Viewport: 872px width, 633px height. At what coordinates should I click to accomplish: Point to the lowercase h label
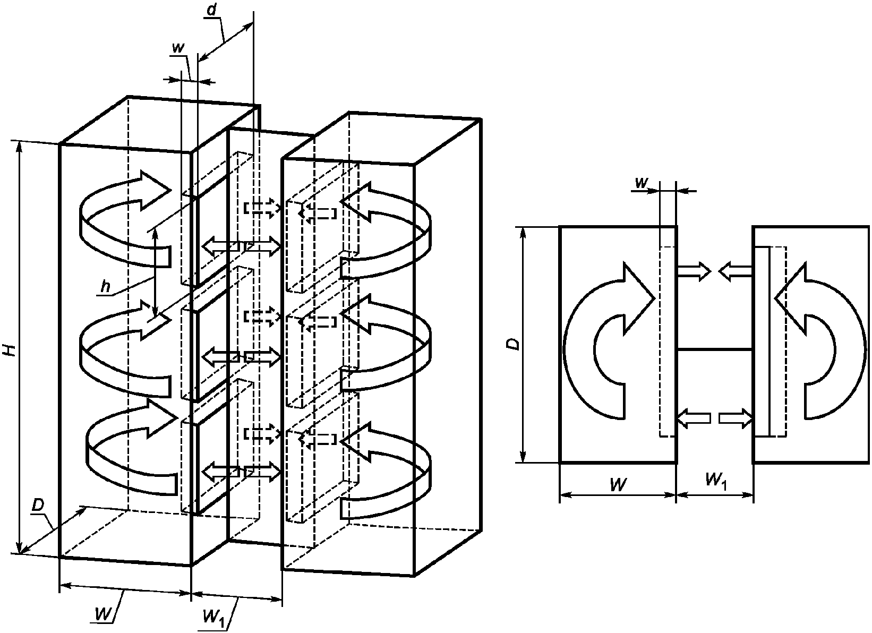point(105,287)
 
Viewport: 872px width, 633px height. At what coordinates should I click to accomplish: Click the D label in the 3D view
point(38,506)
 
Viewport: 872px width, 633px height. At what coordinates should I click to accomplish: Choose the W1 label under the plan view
point(716,481)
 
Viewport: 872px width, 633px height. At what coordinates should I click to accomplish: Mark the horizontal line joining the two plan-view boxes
point(715,349)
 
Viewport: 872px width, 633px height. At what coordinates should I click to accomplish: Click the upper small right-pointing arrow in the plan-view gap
point(694,271)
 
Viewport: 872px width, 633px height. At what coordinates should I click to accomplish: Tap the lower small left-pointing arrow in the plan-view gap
point(694,418)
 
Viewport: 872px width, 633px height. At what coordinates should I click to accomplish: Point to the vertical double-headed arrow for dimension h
point(155,272)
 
